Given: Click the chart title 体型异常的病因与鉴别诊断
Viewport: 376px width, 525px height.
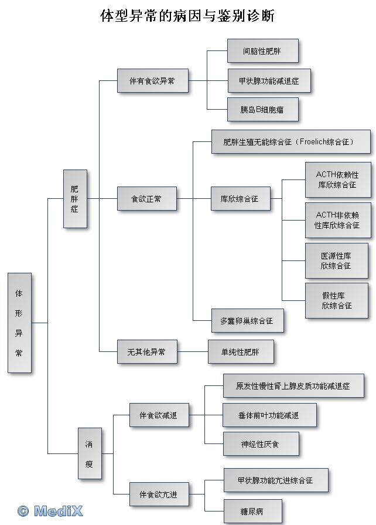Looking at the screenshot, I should (187, 16).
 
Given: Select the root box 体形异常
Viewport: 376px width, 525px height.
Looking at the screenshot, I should (19, 322).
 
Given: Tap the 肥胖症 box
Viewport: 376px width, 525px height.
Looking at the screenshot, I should (74, 198).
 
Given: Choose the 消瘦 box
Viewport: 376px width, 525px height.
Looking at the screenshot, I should (89, 453).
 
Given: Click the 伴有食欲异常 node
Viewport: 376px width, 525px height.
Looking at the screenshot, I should (152, 81).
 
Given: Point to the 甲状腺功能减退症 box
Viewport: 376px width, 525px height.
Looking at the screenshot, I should (268, 81).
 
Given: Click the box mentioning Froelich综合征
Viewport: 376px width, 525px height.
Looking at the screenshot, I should (290, 142).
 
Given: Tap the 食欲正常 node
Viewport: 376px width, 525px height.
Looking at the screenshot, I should (146, 199).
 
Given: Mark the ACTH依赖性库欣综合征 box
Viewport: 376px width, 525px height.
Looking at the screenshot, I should (337, 179).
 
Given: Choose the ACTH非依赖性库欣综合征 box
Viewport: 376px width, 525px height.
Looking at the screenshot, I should (337, 220).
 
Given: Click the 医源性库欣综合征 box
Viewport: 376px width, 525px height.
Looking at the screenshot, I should (336, 260).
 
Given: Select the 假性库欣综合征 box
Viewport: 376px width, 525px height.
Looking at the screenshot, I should (336, 300).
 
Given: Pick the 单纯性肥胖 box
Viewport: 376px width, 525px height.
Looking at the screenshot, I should (240, 352).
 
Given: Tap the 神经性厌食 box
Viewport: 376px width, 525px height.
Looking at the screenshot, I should (260, 444).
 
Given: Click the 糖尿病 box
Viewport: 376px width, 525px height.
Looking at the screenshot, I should (252, 510).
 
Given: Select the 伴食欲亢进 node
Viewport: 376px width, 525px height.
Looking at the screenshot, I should (153, 494).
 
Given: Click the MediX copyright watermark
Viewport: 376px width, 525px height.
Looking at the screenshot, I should (50, 511).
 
